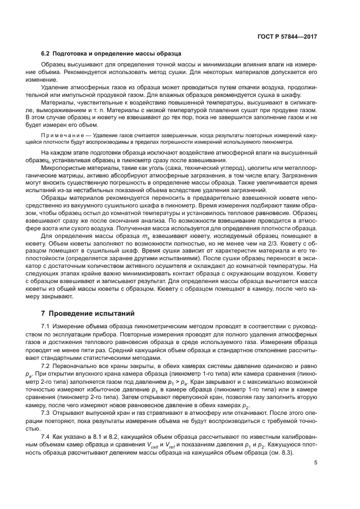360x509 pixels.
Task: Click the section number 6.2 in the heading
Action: click(x=46, y=53)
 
